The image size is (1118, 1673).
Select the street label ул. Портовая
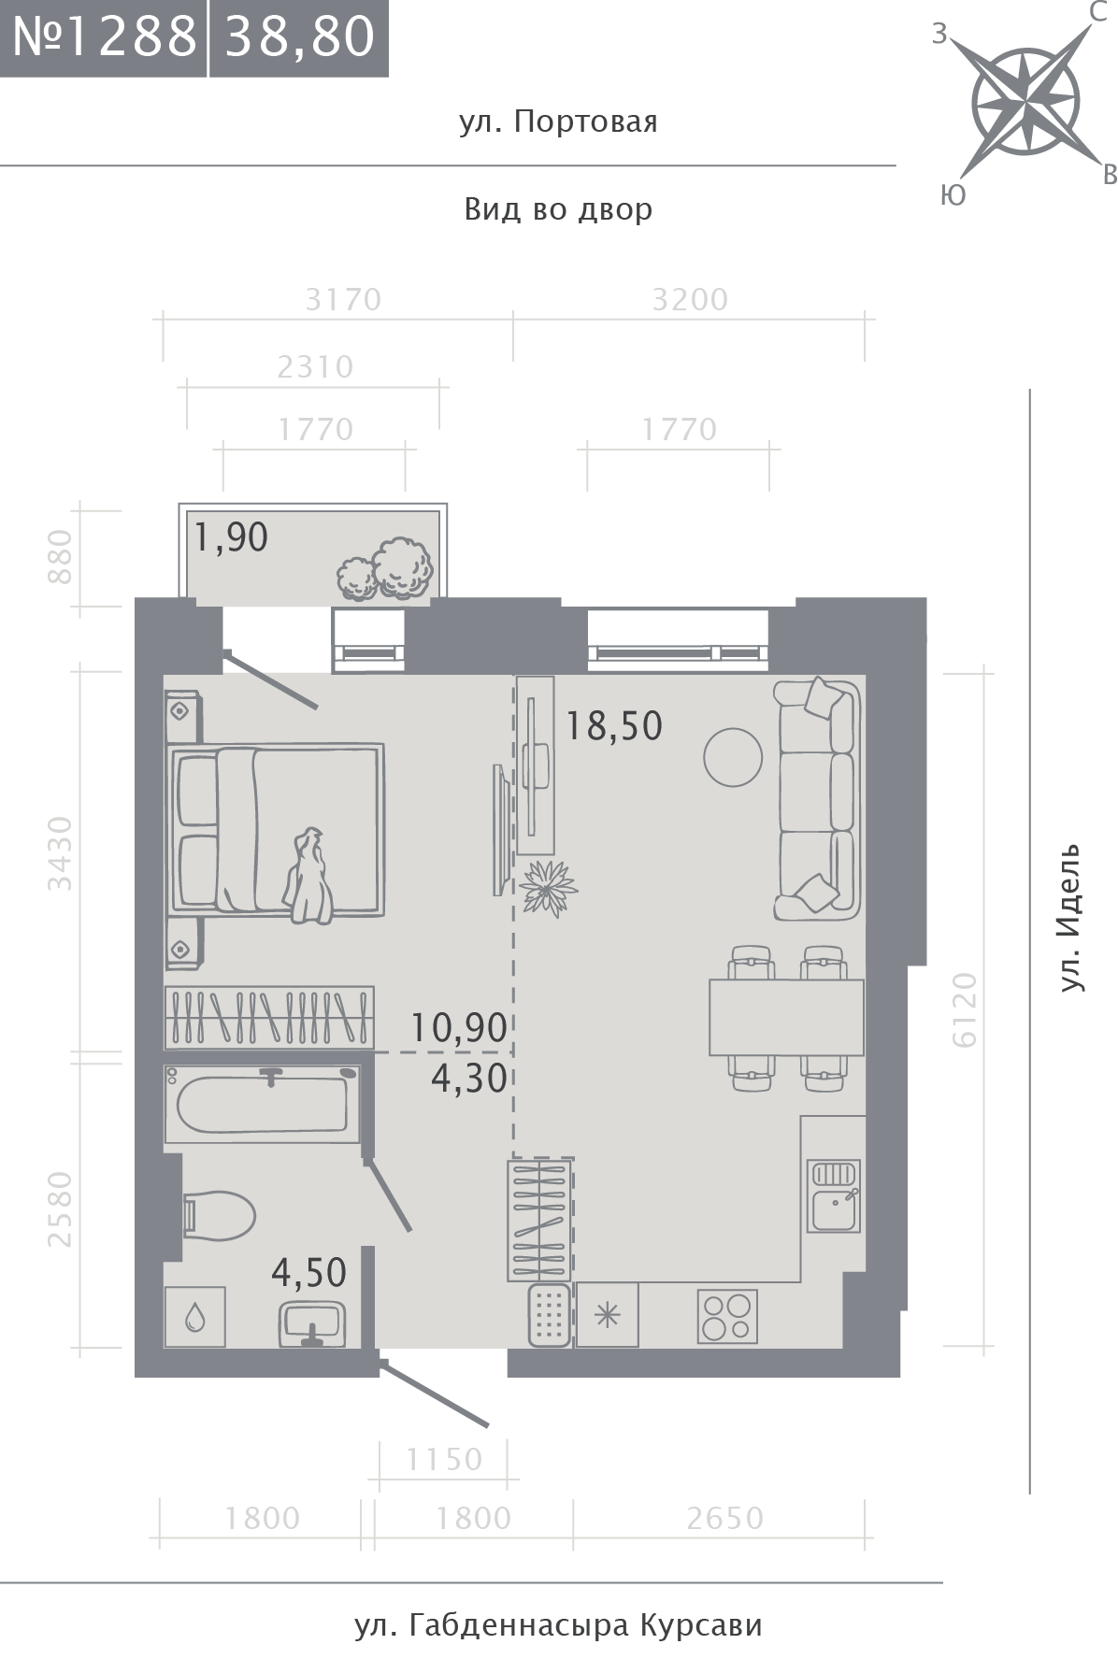(x=558, y=122)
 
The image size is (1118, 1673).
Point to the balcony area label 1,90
(x=231, y=537)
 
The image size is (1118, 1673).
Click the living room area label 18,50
(x=614, y=725)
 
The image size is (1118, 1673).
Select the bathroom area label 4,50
(x=308, y=1272)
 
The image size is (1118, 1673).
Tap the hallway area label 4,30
(x=469, y=1079)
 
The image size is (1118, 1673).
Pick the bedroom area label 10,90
(x=460, y=1028)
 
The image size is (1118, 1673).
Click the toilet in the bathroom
(x=219, y=1215)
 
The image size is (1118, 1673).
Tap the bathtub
(x=263, y=1104)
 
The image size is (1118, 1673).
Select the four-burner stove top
(x=726, y=1317)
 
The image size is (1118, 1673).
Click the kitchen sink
(x=834, y=1196)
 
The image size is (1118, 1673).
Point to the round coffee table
(x=732, y=757)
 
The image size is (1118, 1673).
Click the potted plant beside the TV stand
(x=549, y=887)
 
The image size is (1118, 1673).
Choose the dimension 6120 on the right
(x=966, y=1009)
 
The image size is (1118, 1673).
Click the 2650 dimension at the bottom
(x=724, y=1519)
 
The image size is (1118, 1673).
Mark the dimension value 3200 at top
(x=690, y=300)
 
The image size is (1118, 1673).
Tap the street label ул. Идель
(x=1070, y=916)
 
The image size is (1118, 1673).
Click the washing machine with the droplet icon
(x=194, y=1317)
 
